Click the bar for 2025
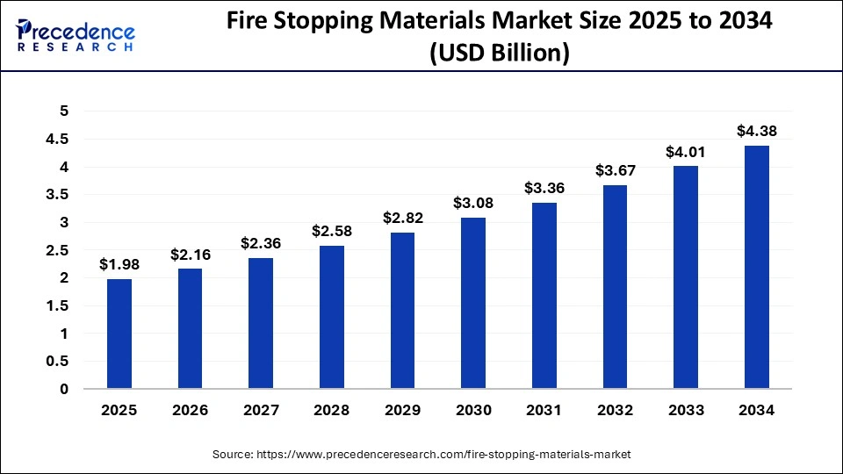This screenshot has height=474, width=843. pyautogui.click(x=119, y=334)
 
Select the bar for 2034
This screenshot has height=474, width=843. pyautogui.click(x=756, y=267)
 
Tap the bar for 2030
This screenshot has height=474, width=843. pyautogui.click(x=473, y=303)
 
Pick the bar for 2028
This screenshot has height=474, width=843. pyautogui.click(x=332, y=317)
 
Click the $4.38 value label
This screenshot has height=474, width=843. pyautogui.click(x=756, y=132)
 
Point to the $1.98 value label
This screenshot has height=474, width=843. pyautogui.click(x=119, y=264)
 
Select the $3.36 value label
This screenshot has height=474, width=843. pyautogui.click(x=544, y=188)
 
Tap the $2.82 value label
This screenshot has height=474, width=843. pyautogui.click(x=402, y=218)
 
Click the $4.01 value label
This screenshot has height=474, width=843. pyautogui.click(x=686, y=152)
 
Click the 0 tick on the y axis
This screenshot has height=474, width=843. pyautogui.click(x=63, y=389)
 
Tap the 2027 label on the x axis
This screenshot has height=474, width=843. pyautogui.click(x=261, y=411)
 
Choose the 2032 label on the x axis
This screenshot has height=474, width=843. pyautogui.click(x=615, y=411)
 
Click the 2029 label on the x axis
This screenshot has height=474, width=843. pyautogui.click(x=402, y=411)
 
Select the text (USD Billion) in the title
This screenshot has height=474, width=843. pyautogui.click(x=498, y=54)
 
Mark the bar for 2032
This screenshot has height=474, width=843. pyautogui.click(x=615, y=287)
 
